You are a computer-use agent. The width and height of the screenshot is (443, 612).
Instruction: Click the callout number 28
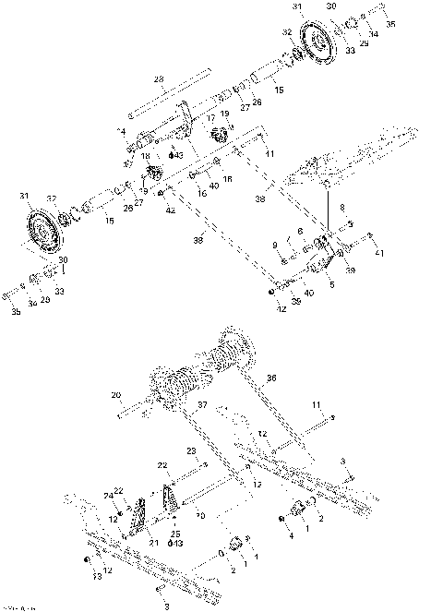(x=159, y=78)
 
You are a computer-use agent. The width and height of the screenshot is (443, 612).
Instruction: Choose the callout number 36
(x=271, y=377)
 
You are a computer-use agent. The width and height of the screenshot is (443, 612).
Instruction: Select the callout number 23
(x=192, y=450)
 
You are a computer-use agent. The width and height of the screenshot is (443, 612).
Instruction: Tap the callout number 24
(x=110, y=496)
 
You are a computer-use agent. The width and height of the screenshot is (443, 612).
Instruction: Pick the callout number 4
(x=289, y=534)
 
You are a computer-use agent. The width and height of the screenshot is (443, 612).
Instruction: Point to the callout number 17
(x=210, y=118)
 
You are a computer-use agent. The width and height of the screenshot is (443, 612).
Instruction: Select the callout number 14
(x=121, y=133)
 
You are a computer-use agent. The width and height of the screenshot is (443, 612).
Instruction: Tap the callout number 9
(x=275, y=244)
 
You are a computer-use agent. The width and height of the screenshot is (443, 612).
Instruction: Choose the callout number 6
(x=300, y=231)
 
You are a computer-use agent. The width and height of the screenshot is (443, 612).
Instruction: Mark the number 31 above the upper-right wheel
(x=296, y=6)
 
